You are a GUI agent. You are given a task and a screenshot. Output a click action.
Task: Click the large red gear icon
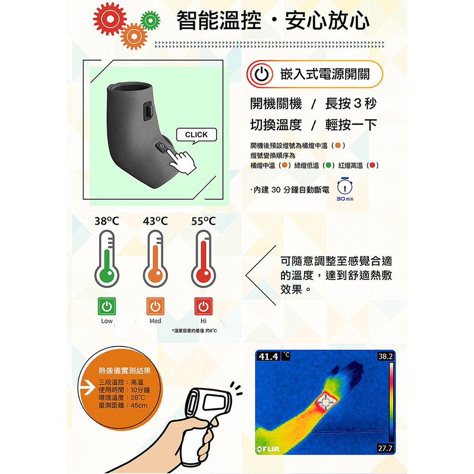pos(109,19)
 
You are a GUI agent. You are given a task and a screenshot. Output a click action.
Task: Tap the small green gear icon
pos(150,20)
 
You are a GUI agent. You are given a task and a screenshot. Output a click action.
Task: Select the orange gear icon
pos(134,36)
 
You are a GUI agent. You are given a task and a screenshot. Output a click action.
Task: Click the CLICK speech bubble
pos(197,135)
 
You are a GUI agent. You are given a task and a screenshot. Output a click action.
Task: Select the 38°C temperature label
pos(107,221)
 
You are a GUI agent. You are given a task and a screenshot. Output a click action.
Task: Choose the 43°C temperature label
pos(155,221)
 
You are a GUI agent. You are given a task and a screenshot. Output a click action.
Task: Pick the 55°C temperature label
pos(203,221)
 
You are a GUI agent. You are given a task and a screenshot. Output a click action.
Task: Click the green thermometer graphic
pos(107,259)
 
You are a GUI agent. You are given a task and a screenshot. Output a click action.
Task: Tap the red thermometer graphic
pos(203,259)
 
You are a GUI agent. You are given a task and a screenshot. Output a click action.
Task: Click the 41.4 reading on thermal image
pos(268,357)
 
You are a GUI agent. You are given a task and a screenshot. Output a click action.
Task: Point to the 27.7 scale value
pos(385,448)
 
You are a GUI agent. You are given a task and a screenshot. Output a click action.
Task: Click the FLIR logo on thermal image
pos(268,449)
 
